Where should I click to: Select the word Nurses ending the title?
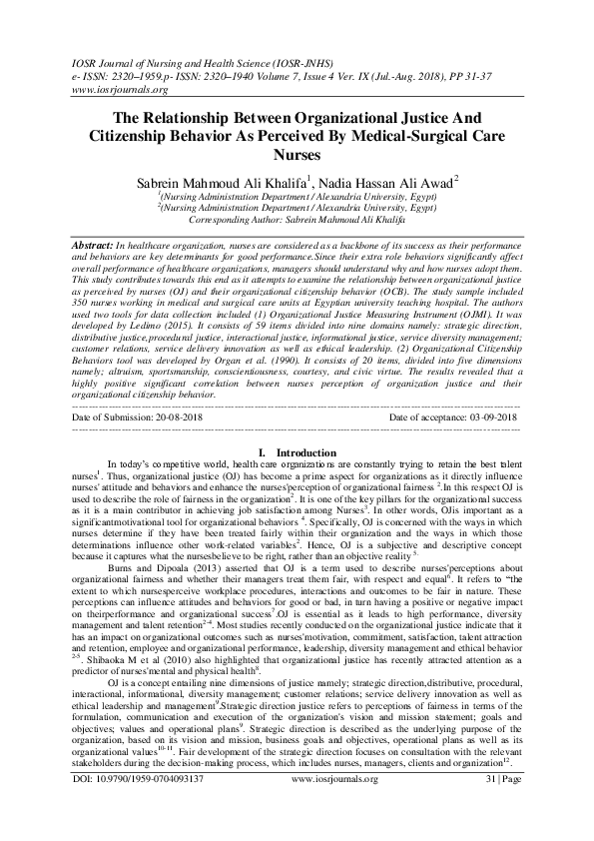(x=297, y=156)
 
